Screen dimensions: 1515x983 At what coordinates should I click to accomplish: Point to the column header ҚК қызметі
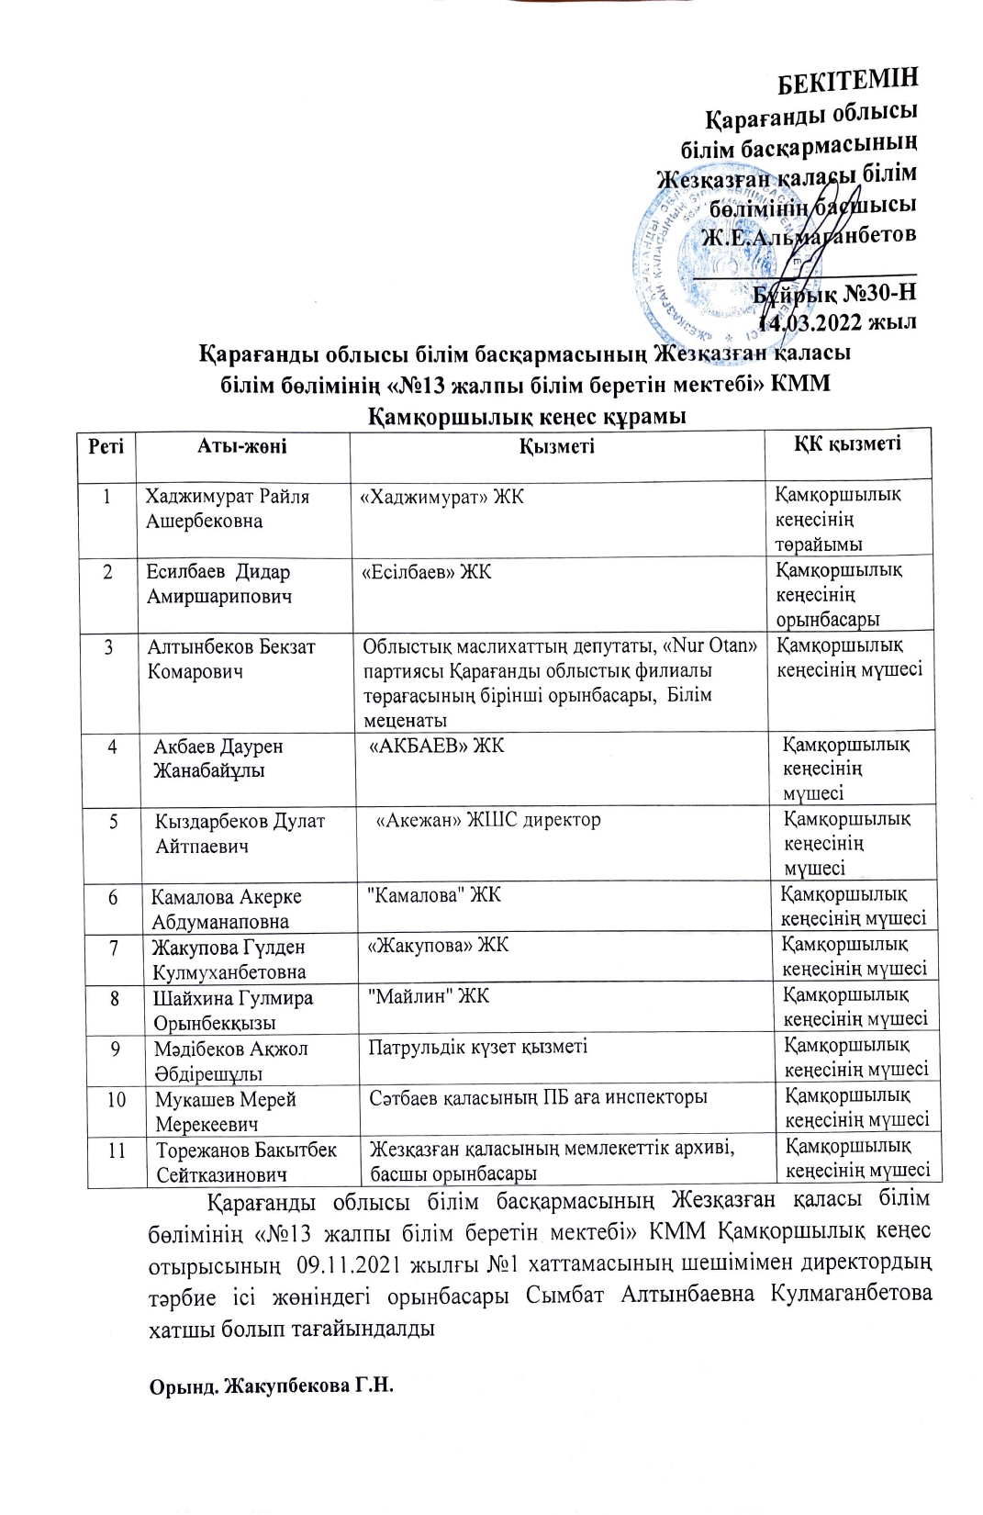coord(847,444)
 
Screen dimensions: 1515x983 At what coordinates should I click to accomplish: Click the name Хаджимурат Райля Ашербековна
coord(228,509)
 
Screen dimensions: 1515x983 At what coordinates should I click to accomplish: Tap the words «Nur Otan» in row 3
coord(709,645)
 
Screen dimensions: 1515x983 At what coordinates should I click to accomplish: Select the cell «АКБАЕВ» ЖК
coord(436,746)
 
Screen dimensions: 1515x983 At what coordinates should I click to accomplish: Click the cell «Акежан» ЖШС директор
coord(488,820)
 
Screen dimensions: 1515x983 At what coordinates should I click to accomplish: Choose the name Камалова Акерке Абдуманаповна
coord(226,909)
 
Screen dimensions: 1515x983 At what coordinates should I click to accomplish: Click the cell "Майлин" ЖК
coord(428,995)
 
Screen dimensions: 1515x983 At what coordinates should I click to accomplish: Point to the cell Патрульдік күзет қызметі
coord(477,1047)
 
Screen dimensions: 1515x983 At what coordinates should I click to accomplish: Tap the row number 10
coord(117,1098)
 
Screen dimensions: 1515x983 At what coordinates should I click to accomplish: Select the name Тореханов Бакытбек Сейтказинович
coord(245,1161)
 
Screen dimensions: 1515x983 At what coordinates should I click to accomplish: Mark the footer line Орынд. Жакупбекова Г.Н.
coord(271,1384)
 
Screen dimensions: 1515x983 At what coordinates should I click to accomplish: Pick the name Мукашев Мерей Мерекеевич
coord(225,1111)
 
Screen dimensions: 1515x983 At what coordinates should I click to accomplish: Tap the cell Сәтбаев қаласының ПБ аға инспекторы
coord(538,1097)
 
